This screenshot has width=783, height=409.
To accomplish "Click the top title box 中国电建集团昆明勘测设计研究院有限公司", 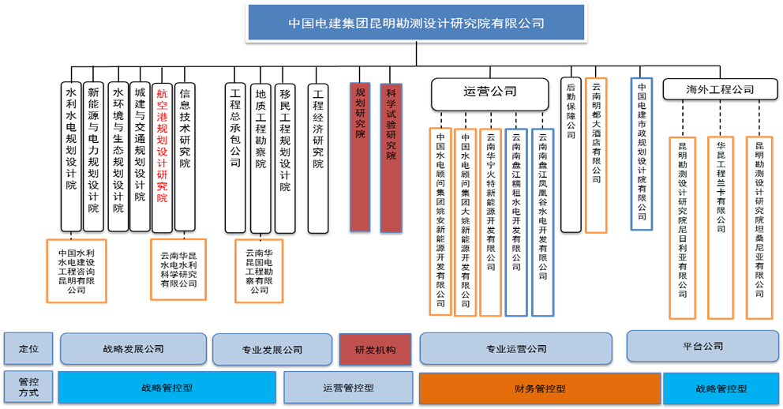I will pyautogui.click(x=416, y=22).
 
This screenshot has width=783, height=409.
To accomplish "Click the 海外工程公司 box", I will pyautogui.click(x=719, y=89).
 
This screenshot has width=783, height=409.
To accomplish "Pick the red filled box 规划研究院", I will pyautogui.click(x=360, y=156).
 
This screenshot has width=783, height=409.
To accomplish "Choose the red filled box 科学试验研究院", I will pyautogui.click(x=391, y=156).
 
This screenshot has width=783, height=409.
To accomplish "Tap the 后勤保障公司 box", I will pyautogui.click(x=571, y=155).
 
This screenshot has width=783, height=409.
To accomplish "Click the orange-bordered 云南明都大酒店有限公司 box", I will pyautogui.click(x=596, y=155).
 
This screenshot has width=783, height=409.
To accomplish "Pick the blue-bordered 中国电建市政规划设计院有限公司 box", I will pyautogui.click(x=642, y=153).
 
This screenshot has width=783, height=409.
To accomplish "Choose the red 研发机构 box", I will pyautogui.click(x=375, y=349).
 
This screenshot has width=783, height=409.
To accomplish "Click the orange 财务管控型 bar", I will pyautogui.click(x=539, y=388).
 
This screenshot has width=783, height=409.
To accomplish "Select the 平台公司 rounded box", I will pyautogui.click(x=702, y=346).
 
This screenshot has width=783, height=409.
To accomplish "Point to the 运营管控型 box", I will pyautogui.click(x=348, y=388).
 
